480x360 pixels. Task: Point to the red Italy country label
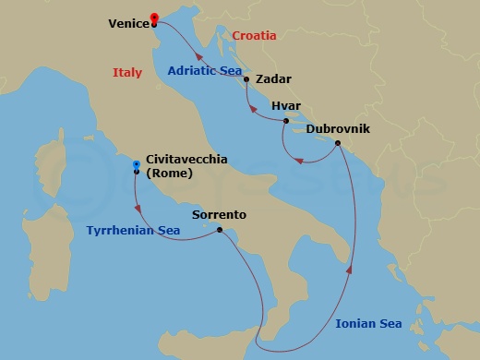point(127,72)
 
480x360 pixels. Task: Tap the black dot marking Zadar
point(246,79)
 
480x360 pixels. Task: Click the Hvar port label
point(286,107)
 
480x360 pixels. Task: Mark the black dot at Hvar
point(286,121)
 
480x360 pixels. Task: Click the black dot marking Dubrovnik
point(338,143)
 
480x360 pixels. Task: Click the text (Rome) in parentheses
point(168,172)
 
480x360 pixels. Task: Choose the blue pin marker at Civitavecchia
point(137,164)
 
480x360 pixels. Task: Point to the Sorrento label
point(219,215)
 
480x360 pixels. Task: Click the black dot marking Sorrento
point(219,230)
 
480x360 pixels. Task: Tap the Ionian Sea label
point(368,323)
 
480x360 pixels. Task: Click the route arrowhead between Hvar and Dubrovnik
point(298,162)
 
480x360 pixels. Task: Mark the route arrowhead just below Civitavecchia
point(138,207)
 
